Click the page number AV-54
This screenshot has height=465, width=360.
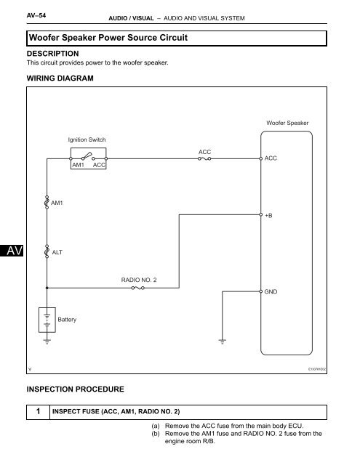pyautogui.click(x=36, y=15)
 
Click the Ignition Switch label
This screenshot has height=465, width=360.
pyautogui.click(x=87, y=139)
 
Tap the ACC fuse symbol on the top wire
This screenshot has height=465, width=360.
pyautogui.click(x=204, y=158)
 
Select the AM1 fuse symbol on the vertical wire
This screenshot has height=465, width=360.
pyautogui.click(x=47, y=202)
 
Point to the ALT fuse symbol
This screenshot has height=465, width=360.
pyautogui.click(x=47, y=252)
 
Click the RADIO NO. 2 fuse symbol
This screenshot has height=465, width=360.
pyautogui.click(x=137, y=288)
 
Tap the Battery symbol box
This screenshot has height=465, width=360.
pyautogui.click(x=47, y=320)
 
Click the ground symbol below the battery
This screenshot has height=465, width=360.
pyautogui.click(x=47, y=341)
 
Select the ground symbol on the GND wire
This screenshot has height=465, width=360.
pyautogui.click(x=223, y=341)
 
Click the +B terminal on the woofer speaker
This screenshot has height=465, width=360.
pyautogui.click(x=261, y=215)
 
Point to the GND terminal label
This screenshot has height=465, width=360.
pyautogui.click(x=271, y=292)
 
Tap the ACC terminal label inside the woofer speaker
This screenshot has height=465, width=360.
pyautogui.click(x=271, y=158)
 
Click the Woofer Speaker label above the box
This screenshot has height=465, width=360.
pyautogui.click(x=287, y=123)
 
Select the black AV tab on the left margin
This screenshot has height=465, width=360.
pyautogui.click(x=12, y=251)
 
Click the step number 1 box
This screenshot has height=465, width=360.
pyautogui.click(x=39, y=412)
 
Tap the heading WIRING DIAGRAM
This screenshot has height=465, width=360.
pyautogui.click(x=60, y=78)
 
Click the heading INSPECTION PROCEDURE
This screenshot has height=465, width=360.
pyautogui.click(x=76, y=389)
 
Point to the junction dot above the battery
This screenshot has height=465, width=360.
pyautogui.click(x=47, y=288)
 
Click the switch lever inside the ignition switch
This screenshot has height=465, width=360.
pyautogui.click(x=87, y=155)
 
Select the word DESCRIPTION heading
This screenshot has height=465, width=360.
pyautogui.click(x=53, y=54)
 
